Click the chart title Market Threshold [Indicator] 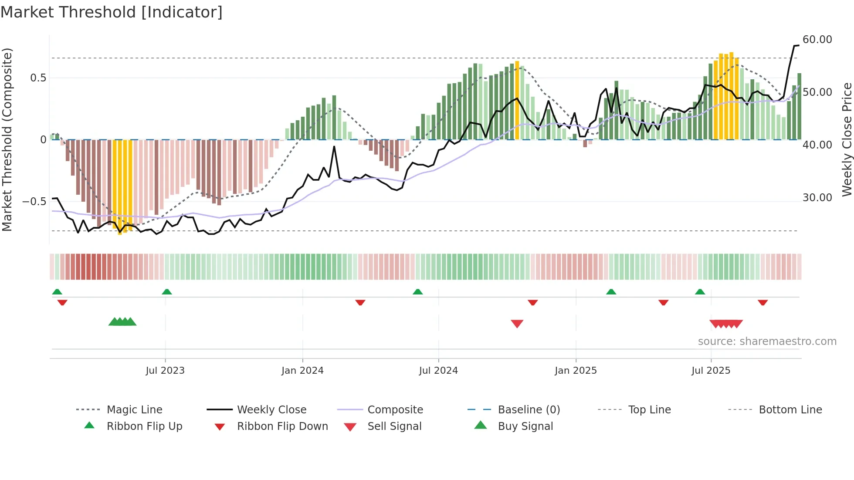click(x=112, y=12)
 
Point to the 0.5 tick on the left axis click(x=38, y=78)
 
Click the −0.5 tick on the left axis click(x=34, y=201)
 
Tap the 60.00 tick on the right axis click(x=817, y=40)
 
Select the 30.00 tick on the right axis click(x=817, y=198)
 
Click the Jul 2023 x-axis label click(x=165, y=371)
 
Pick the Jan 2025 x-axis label click(x=576, y=371)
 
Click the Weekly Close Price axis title click(x=847, y=139)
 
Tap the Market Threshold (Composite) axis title click(x=7, y=139)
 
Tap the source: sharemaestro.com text click(x=767, y=341)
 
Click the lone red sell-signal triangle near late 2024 click(x=517, y=324)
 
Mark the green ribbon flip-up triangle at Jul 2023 click(x=167, y=292)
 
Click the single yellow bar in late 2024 click(x=517, y=100)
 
